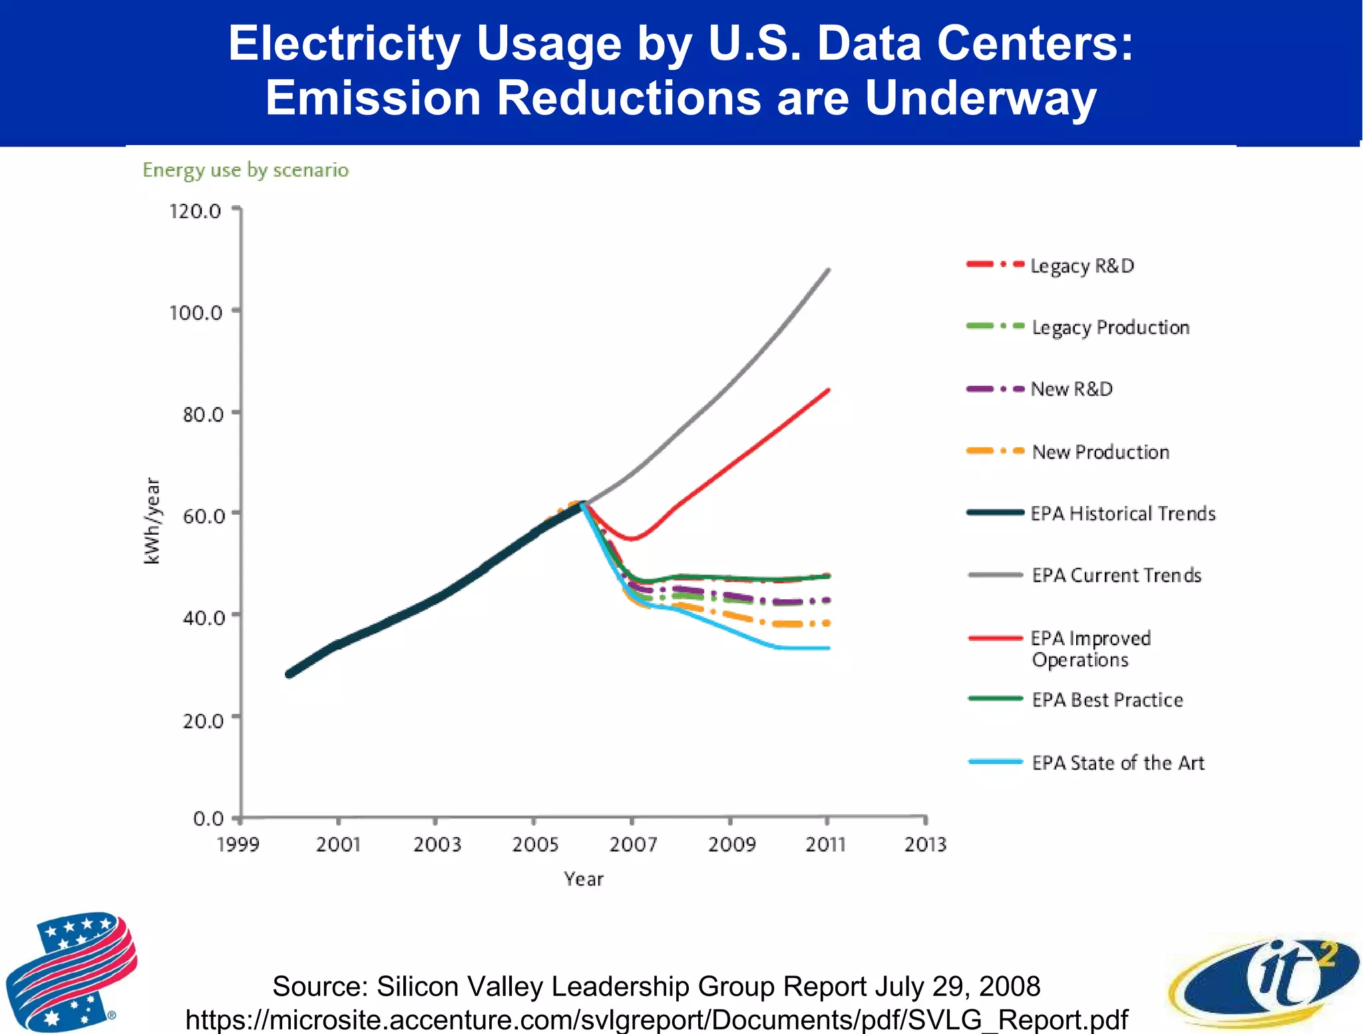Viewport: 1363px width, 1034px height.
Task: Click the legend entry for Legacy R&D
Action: tap(1081, 266)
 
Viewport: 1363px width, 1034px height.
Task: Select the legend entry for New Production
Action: tap(1100, 452)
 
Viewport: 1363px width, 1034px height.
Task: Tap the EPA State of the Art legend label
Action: tap(1118, 762)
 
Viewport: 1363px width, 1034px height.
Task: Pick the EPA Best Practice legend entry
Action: tap(1107, 700)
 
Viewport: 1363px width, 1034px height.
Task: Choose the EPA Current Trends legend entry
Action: tap(1116, 575)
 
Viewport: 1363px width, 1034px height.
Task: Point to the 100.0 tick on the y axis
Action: tap(196, 312)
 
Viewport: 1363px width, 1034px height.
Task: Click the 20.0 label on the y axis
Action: tap(203, 720)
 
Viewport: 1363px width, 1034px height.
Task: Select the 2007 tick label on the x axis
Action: tap(633, 844)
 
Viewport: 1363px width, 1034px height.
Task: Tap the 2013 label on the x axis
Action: tap(925, 844)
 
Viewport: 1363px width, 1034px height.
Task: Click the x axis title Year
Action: tap(584, 879)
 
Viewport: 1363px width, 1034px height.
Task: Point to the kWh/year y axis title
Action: tap(152, 521)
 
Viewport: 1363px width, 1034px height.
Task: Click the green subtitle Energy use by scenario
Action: tap(246, 170)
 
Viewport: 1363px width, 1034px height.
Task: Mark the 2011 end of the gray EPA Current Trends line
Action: tap(828, 270)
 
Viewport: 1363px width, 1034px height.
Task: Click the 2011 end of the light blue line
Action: tap(828, 648)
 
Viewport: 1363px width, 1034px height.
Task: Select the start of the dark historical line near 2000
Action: tap(289, 674)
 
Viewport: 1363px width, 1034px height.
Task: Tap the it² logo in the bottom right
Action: tap(1265, 982)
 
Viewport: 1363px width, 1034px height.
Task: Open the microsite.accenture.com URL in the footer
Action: tap(656, 1019)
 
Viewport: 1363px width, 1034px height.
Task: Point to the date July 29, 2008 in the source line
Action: tap(957, 986)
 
